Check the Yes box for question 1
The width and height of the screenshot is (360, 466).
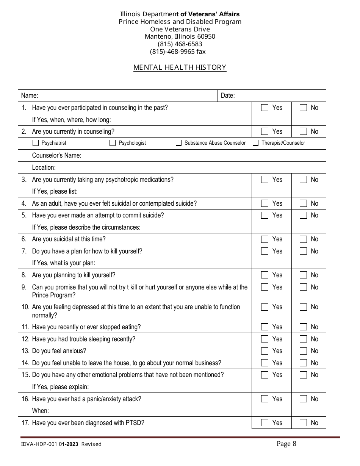[265, 108]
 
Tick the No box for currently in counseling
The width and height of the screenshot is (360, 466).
[303, 131]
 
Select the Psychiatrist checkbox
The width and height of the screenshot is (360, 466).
[36, 143]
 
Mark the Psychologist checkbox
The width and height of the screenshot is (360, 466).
[113, 143]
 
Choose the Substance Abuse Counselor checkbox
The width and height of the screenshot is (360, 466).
[178, 143]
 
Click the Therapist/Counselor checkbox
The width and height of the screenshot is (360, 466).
[256, 143]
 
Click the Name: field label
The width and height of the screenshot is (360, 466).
[30, 96]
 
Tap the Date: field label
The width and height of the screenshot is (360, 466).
[228, 96]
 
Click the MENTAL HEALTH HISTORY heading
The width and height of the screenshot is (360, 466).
[180, 67]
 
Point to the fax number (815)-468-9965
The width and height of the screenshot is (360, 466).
[178, 52]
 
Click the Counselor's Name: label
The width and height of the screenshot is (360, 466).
[56, 155]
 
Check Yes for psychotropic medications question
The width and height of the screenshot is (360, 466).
[265, 180]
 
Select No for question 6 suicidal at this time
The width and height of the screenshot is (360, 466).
[303, 239]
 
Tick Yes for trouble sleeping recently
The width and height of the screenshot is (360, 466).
[265, 339]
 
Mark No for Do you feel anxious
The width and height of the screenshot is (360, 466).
[303, 351]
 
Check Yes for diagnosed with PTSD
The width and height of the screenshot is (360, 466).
[265, 423]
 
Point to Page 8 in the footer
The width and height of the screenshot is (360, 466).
[286, 444]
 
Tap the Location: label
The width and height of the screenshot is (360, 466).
[44, 167]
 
